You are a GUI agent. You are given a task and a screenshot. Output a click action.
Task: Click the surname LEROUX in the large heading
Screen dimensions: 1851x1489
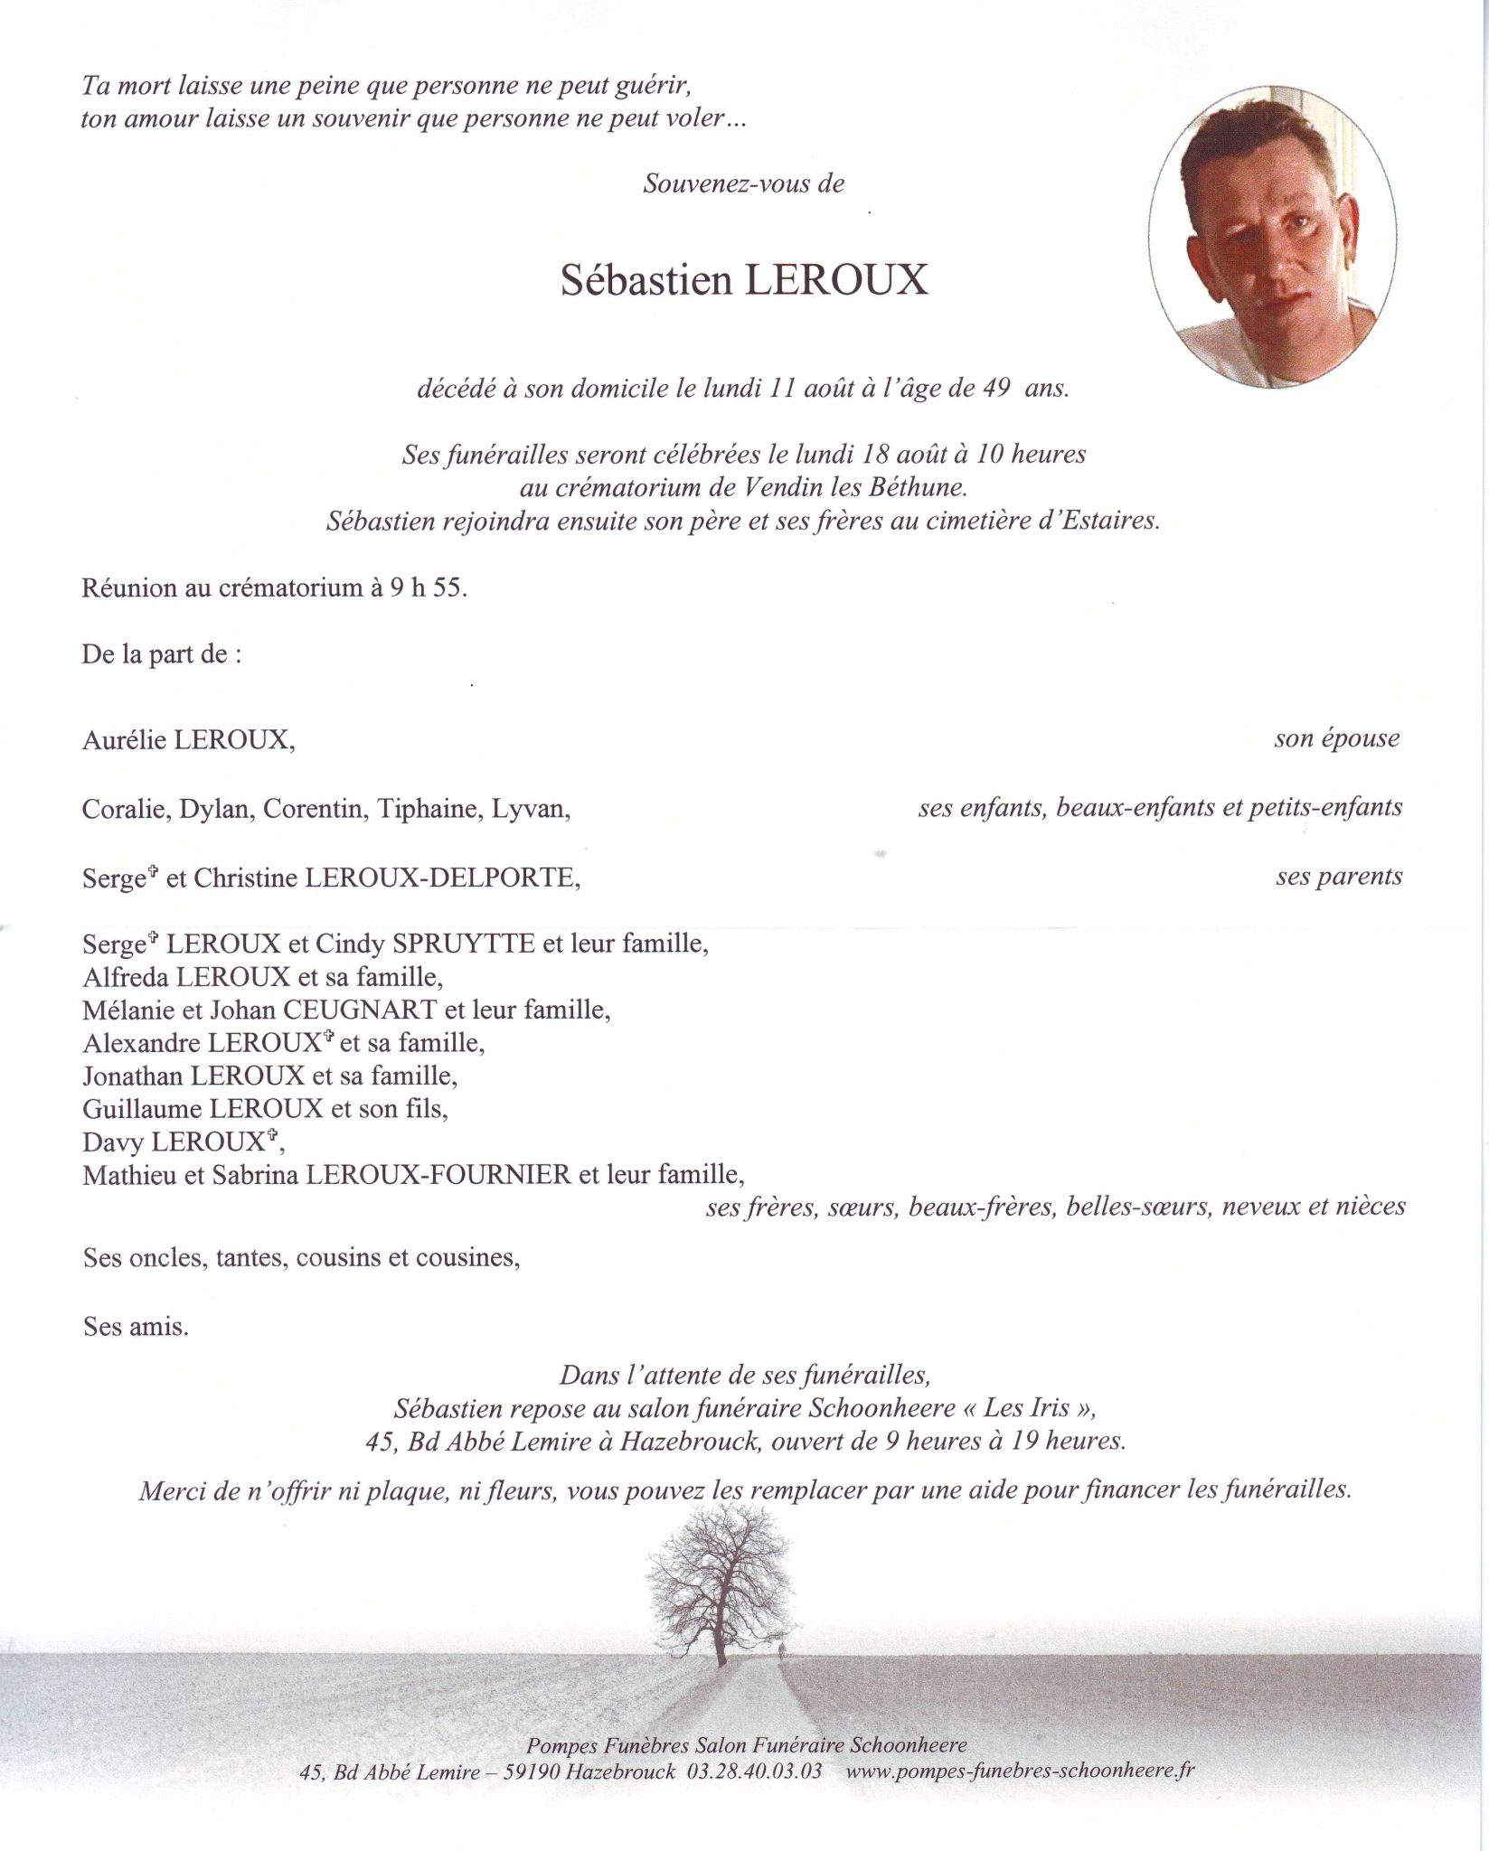click(x=835, y=281)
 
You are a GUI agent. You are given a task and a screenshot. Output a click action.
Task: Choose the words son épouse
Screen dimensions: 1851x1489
click(x=1336, y=738)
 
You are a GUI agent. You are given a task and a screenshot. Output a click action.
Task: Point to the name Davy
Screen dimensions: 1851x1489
click(x=112, y=1142)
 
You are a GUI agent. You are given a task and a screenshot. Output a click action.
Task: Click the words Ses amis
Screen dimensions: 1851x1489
click(x=136, y=1327)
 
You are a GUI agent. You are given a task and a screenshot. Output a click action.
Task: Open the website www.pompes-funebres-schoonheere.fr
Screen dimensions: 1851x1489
click(x=1020, y=1771)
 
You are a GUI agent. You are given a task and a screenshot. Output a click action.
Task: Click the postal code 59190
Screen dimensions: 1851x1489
click(x=524, y=1772)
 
